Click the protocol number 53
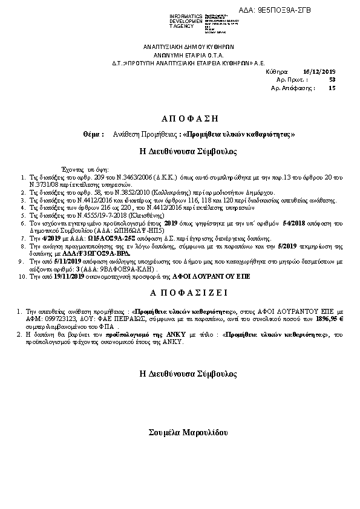point(332,79)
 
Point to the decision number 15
point(332,88)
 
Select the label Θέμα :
point(94,134)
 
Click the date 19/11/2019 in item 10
point(57,276)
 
